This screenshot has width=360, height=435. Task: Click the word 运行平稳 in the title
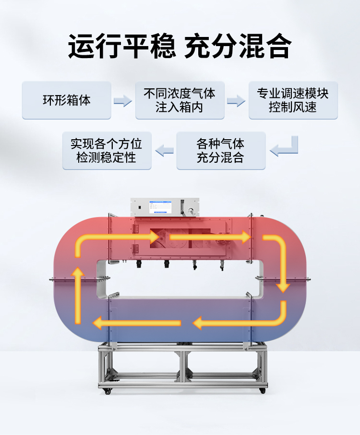pyautogui.click(x=122, y=47)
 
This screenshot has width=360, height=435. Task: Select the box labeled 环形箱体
pyautogui.click(x=66, y=100)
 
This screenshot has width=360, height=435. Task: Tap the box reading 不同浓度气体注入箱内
pyautogui.click(x=180, y=100)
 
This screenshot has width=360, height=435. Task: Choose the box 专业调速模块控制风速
pyautogui.click(x=293, y=100)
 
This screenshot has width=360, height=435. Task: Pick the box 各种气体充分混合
pyautogui.click(x=221, y=151)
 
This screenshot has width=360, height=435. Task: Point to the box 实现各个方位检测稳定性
pyautogui.click(x=107, y=151)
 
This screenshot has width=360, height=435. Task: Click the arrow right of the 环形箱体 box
pyautogui.click(x=123, y=101)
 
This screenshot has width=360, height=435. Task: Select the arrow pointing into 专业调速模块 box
pyautogui.click(x=236, y=101)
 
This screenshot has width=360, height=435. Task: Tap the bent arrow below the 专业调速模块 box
pyautogui.click(x=285, y=147)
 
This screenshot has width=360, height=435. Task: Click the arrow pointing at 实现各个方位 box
pyautogui.click(x=164, y=151)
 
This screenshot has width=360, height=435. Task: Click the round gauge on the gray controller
pyautogui.click(x=192, y=210)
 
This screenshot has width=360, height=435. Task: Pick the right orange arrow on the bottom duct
pyautogui.click(x=235, y=323)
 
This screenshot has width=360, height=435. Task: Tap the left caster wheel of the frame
pyautogui.click(x=108, y=392)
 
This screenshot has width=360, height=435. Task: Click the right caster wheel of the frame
pyautogui.click(x=262, y=391)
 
